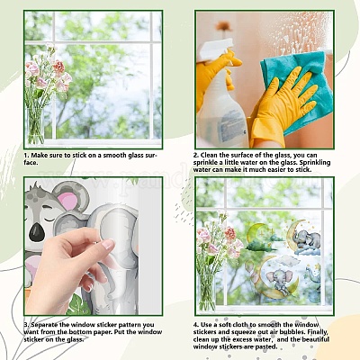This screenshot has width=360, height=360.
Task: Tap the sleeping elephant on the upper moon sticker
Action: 306,239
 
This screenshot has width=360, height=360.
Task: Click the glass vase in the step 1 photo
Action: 36,126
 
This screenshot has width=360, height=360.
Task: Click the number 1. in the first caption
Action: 26,156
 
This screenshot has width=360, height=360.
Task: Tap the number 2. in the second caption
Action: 196,156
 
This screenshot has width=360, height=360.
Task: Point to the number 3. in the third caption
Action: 27,325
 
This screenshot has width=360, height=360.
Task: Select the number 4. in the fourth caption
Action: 196,325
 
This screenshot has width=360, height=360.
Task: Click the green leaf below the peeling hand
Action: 78,305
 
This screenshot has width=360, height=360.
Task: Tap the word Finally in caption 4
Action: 319,332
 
